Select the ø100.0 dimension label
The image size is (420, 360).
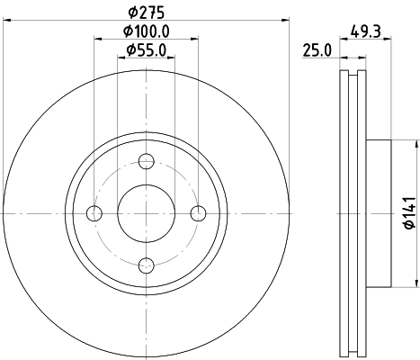pos(147,31)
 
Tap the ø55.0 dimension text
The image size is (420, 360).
pos(147,49)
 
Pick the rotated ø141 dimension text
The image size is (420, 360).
pos(407,212)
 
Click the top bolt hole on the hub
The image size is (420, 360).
pos(147,161)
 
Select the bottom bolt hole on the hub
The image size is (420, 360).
pos(147,265)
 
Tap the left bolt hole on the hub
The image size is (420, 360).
pos(94,212)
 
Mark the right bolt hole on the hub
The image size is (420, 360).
pos(199,212)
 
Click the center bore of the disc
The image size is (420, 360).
pos(147,212)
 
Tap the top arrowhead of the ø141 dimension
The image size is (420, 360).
pos(416,143)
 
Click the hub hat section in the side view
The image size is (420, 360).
pos(378,212)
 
